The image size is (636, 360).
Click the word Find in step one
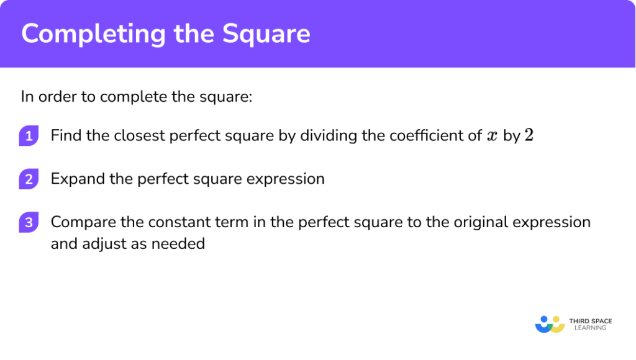pyautogui.click(x=65, y=135)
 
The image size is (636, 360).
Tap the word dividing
pyautogui.click(x=327, y=135)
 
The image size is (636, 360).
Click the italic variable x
pyautogui.click(x=493, y=137)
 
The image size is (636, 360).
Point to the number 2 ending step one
pyautogui.click(x=529, y=135)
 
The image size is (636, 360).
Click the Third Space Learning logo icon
pyautogui.click(x=550, y=324)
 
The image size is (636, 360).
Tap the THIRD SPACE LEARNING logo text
pyautogui.click(x=590, y=324)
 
